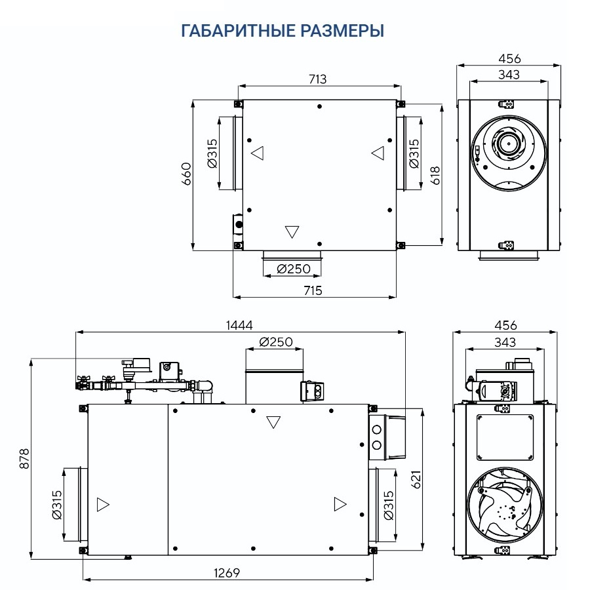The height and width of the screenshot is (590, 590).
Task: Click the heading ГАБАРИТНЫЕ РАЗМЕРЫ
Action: (281, 31)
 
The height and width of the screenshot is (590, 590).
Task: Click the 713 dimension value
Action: (317, 79)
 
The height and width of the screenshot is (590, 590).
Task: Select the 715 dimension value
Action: (313, 290)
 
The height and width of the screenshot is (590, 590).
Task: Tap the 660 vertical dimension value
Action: (186, 174)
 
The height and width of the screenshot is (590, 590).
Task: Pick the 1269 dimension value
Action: (227, 572)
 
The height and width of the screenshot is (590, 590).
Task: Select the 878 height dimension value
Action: (25, 459)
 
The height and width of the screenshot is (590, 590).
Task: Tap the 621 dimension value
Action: (416, 481)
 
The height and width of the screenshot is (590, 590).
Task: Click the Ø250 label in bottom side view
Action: (275, 342)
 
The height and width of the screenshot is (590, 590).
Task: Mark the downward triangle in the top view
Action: (292, 231)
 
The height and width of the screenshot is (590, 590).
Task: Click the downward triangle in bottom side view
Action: (274, 422)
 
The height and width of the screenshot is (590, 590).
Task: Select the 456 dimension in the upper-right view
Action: (509, 59)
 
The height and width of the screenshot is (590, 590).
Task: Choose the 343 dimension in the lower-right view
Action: (505, 342)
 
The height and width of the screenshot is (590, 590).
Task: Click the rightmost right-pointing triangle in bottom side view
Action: (340, 503)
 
